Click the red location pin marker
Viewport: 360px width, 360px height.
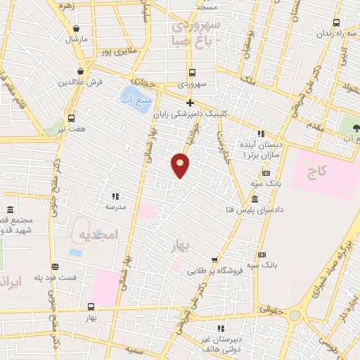(x=181, y=165)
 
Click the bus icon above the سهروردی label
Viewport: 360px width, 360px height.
(x=191, y=72)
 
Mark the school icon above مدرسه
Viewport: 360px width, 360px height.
(x=115, y=196)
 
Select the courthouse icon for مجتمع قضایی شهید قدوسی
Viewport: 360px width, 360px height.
(x=10, y=210)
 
